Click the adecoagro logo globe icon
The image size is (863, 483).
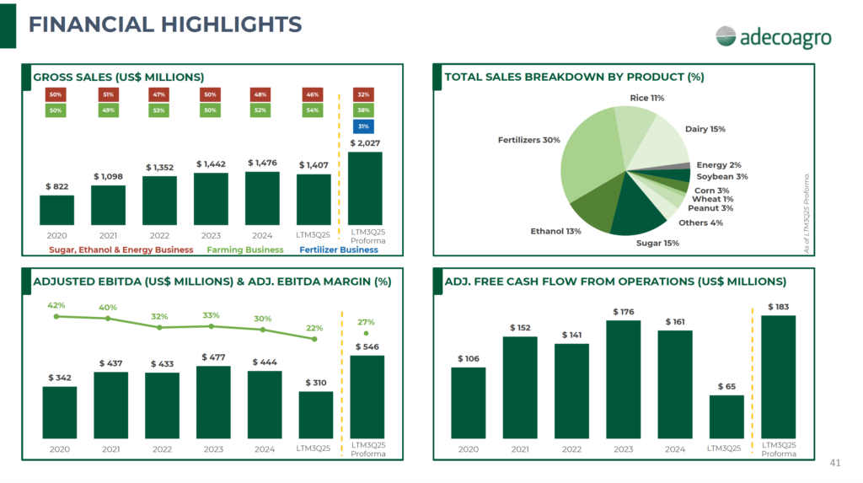point(726,36)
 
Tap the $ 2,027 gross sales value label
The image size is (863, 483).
point(364,144)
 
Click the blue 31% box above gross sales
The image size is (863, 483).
point(364,126)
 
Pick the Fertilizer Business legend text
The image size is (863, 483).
point(339,250)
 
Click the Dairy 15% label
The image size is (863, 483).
point(705,129)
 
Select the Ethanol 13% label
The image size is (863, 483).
point(555,231)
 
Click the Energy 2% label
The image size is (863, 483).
point(718,165)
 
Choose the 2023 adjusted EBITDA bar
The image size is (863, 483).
point(213,402)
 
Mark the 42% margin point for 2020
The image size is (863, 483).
point(56,316)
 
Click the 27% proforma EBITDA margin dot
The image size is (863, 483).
point(367,333)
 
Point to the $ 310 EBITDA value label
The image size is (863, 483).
point(315,384)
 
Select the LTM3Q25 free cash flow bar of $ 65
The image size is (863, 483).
point(726,416)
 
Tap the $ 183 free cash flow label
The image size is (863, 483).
point(778,307)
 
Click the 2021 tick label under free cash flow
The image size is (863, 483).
point(519,449)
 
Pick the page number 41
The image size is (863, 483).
point(835,463)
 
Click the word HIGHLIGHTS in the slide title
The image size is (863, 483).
point(224,24)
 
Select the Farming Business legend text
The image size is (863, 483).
point(246,250)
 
